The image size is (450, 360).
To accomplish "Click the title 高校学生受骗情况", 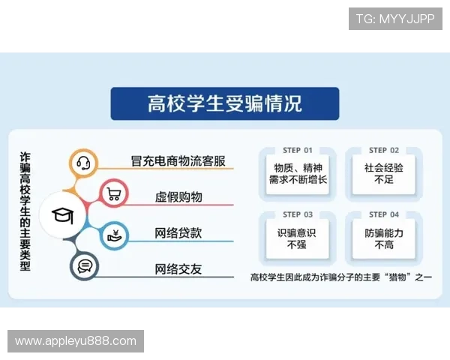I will click(x=224, y=103).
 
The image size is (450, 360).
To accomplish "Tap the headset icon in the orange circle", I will click(x=83, y=162).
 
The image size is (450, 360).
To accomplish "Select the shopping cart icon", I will click(x=115, y=195).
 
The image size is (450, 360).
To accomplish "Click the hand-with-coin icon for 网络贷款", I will click(x=115, y=233).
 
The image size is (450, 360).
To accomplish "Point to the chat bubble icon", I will click(x=84, y=266).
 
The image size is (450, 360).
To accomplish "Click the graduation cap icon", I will click(x=60, y=216).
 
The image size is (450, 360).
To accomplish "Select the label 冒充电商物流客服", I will click(x=178, y=161).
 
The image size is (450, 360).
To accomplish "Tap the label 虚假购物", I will click(x=178, y=196).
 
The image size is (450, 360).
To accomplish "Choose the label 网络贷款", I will click(x=178, y=232).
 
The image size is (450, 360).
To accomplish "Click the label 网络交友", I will click(x=178, y=268).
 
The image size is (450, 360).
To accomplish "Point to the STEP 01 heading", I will click(x=298, y=151).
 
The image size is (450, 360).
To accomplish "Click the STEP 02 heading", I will click(x=384, y=151).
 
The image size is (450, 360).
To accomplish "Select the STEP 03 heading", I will click(x=298, y=215).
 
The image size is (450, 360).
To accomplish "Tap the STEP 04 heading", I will click(x=384, y=215).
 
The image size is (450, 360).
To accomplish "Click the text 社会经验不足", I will click(x=384, y=174).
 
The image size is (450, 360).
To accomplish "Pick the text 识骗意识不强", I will click(x=298, y=238).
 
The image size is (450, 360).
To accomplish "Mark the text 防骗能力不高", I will click(x=384, y=238).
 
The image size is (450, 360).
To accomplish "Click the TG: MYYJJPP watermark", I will click(x=395, y=19).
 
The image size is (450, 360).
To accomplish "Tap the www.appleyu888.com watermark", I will click(x=76, y=341).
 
